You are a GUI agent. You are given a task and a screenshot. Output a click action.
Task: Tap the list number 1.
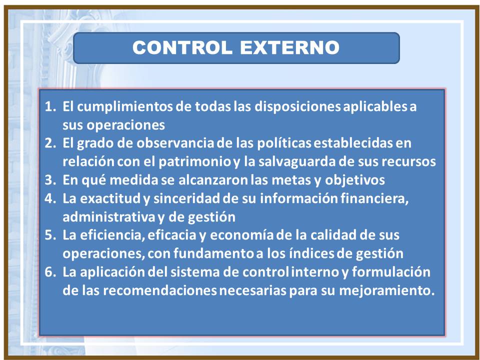click(50, 106)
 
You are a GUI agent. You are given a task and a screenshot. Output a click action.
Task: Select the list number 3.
click(50, 180)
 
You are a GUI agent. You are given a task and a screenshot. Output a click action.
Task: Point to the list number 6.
click(50, 272)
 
